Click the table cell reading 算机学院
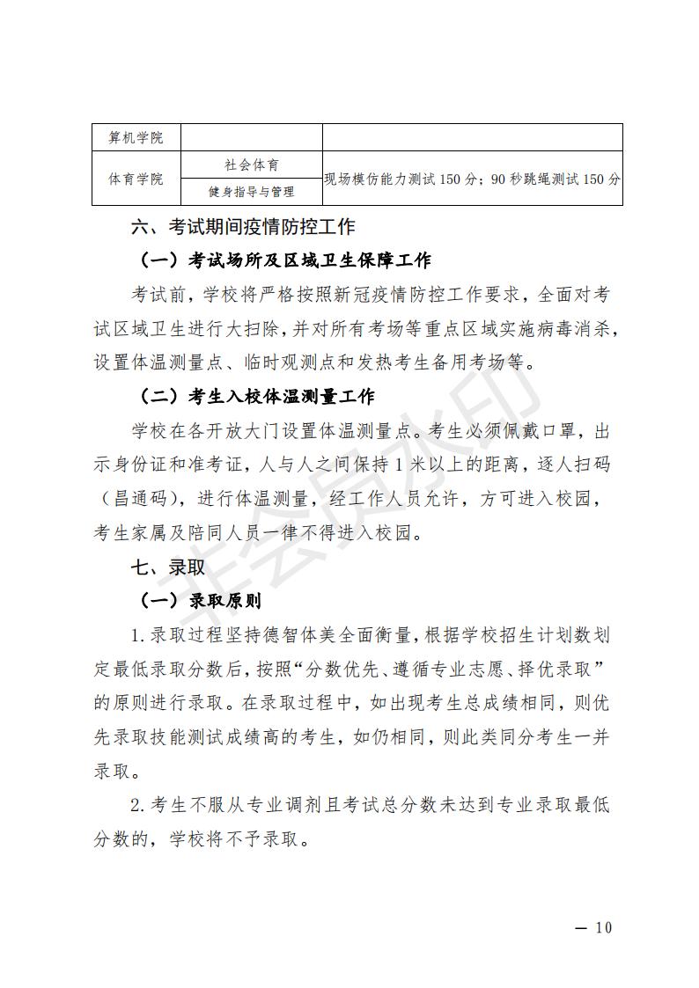[136, 138]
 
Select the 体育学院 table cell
[136, 179]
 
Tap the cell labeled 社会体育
[251, 165]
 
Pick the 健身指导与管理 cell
[251, 192]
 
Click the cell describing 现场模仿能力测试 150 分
[472, 179]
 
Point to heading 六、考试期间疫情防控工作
[243, 227]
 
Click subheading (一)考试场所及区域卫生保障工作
[285, 260]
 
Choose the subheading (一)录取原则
[201, 601]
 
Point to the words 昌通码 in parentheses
[143, 499]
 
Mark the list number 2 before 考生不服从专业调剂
[136, 805]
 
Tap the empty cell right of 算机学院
[251, 138]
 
